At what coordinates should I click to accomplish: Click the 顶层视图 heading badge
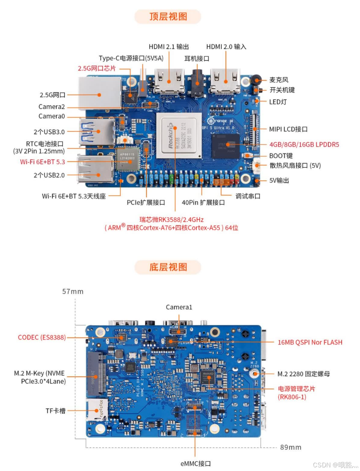(168, 17)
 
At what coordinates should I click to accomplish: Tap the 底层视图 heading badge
(168, 266)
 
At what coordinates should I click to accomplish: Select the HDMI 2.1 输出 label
(169, 47)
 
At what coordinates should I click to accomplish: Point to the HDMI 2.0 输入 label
(226, 47)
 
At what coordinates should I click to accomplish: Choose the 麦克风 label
(279, 80)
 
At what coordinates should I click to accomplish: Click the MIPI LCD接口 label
(288, 129)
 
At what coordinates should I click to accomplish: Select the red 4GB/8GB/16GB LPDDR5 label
(304, 144)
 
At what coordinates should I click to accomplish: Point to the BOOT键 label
(281, 155)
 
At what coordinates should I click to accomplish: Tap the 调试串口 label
(248, 196)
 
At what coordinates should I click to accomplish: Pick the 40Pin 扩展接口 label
(203, 202)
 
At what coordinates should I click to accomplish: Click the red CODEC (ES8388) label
(42, 337)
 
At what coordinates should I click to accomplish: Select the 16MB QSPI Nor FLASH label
(310, 342)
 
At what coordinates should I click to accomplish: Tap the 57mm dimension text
(73, 291)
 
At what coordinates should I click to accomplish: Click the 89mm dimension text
(290, 447)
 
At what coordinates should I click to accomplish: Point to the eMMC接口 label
(195, 463)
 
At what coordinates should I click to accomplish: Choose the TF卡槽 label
(56, 411)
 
